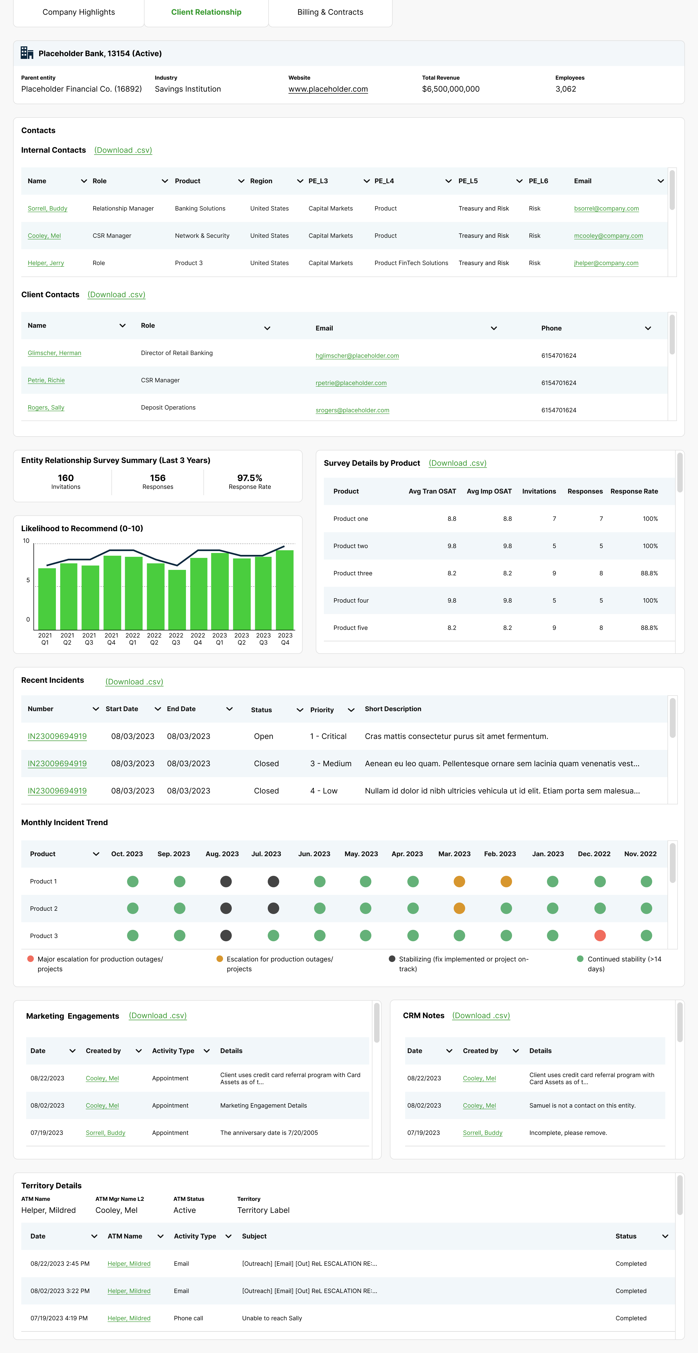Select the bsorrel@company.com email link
(606, 209)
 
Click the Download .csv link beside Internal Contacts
(123, 150)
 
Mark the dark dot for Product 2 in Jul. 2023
(273, 908)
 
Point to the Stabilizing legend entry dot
(392, 959)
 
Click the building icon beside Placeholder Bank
(27, 53)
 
